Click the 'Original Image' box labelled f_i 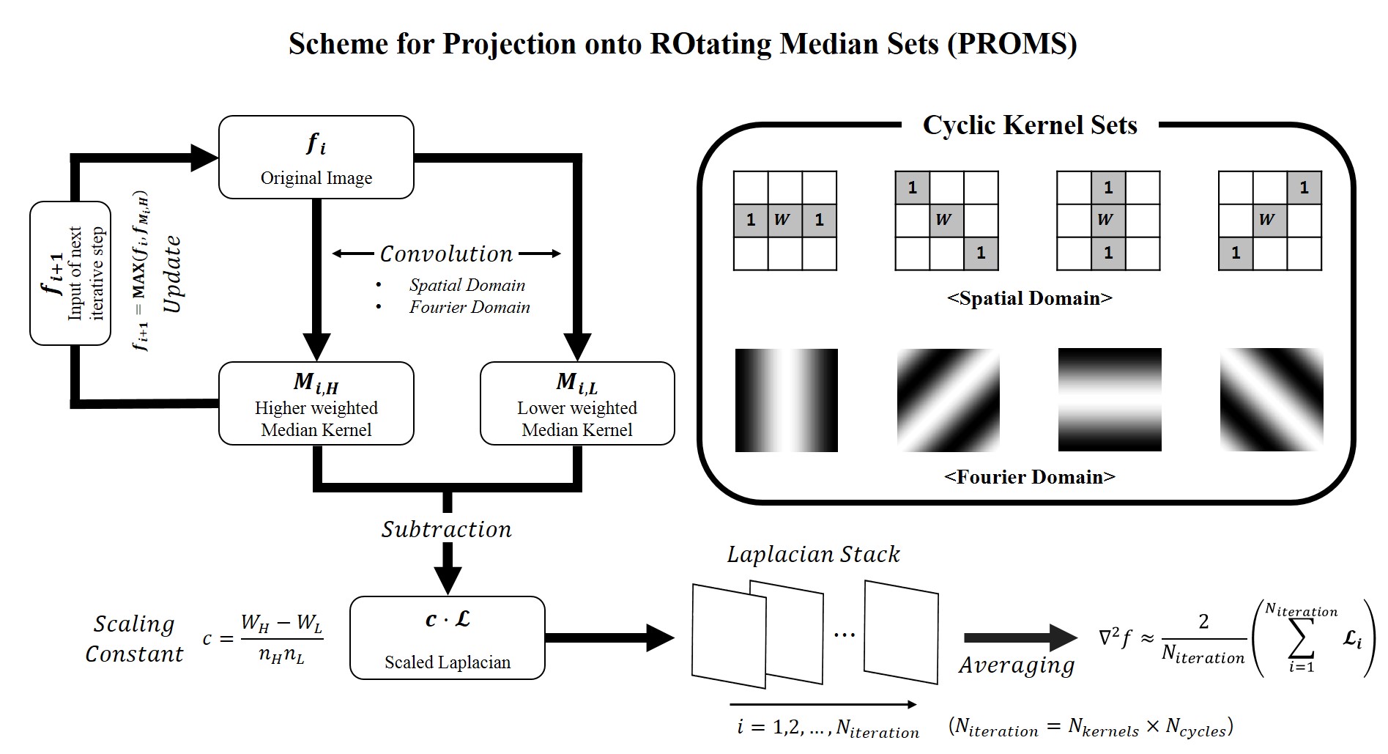(316, 157)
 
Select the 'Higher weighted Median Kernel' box (316, 403)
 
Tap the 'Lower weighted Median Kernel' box (576, 403)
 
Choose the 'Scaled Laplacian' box (447, 637)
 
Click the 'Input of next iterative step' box (70, 273)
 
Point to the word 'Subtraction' (446, 529)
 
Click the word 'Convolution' (446, 254)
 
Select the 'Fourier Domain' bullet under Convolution (469, 307)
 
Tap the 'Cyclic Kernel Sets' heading (1029, 125)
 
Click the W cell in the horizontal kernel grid (784, 220)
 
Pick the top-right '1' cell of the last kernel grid (1304, 188)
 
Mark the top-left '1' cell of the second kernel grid (912, 188)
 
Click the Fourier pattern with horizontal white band (1109, 399)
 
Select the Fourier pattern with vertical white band (786, 399)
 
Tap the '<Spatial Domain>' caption (1029, 298)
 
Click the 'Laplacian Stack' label (813, 555)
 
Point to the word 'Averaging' (1017, 665)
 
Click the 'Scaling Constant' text (134, 638)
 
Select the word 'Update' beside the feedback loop (172, 274)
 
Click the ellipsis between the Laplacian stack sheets (844, 635)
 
